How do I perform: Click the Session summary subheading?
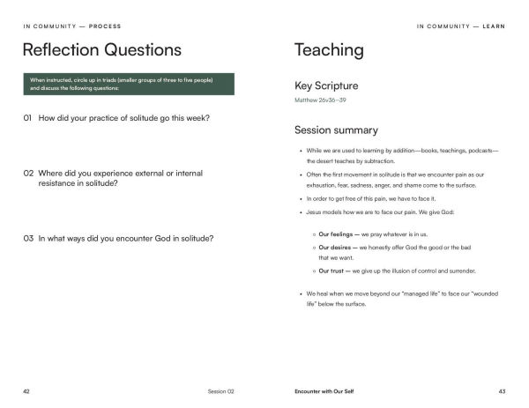[336, 130]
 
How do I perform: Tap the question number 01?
[28, 118]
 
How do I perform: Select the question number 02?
[28, 174]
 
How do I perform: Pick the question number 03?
[28, 238]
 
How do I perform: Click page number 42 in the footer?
[26, 390]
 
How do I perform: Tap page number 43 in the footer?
[502, 390]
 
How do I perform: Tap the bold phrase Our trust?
[333, 271]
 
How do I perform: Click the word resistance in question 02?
[59, 184]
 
